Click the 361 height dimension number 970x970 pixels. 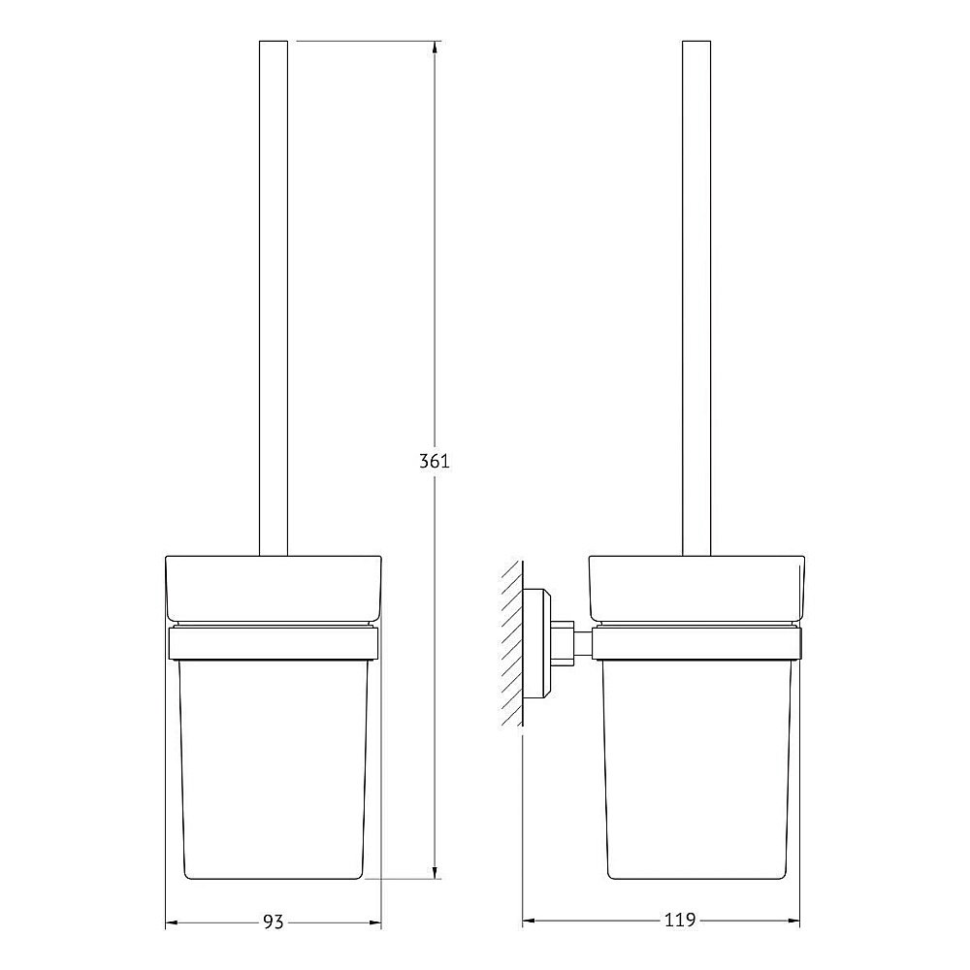(434, 462)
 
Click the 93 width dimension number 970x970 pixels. (274, 921)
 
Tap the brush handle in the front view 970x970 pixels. (275, 291)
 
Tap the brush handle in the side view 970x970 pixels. (697, 291)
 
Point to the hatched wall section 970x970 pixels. (511, 644)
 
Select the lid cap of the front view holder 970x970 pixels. (275, 587)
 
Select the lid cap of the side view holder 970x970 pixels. (697, 587)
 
